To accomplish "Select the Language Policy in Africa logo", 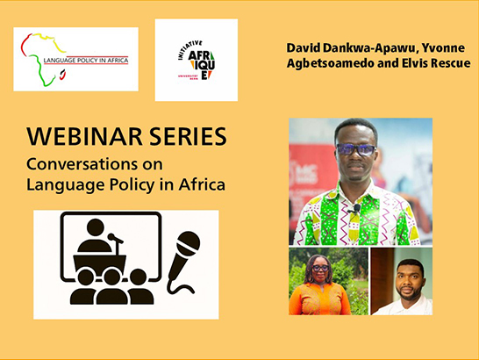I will pyautogui.click(x=75, y=60).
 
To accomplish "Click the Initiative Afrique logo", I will pyautogui.click(x=197, y=60).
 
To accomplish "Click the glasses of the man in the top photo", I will pyautogui.click(x=354, y=149).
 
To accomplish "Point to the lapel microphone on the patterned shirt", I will pyautogui.click(x=357, y=209).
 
